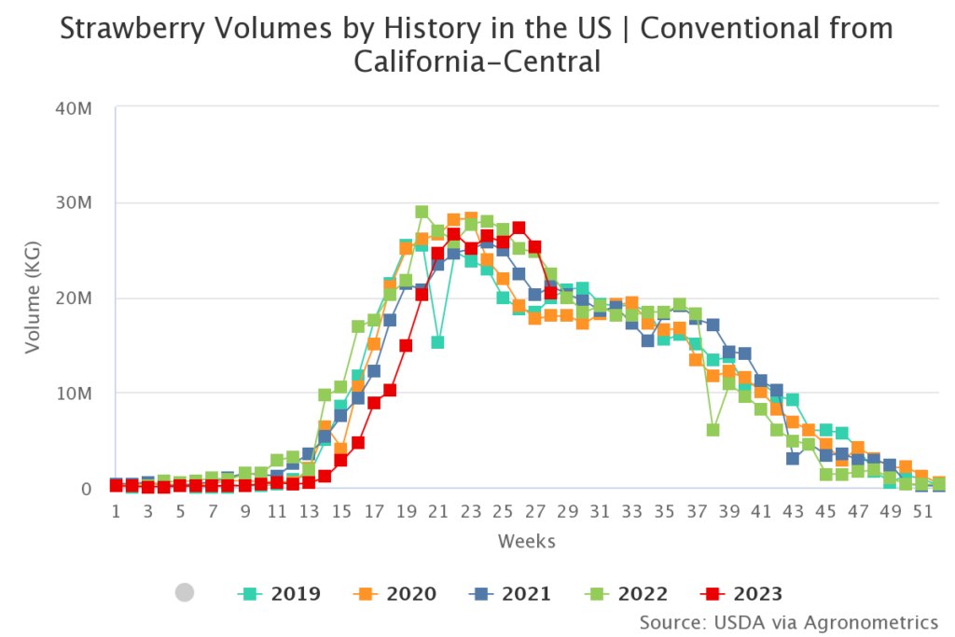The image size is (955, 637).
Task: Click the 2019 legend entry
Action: (x=283, y=593)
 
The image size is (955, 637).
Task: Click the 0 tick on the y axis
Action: (x=85, y=489)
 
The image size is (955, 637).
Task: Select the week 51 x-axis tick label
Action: (x=921, y=512)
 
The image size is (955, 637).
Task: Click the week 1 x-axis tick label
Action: (x=116, y=512)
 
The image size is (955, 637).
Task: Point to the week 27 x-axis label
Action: (x=534, y=512)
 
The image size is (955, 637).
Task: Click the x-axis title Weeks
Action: (x=527, y=541)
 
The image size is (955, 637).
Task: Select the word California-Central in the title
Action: (x=476, y=62)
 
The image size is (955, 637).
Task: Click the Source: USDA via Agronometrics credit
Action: (x=788, y=621)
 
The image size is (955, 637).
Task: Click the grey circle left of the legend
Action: (x=185, y=592)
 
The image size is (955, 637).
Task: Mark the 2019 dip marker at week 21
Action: (x=437, y=342)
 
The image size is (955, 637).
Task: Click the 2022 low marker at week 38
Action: (x=713, y=430)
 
